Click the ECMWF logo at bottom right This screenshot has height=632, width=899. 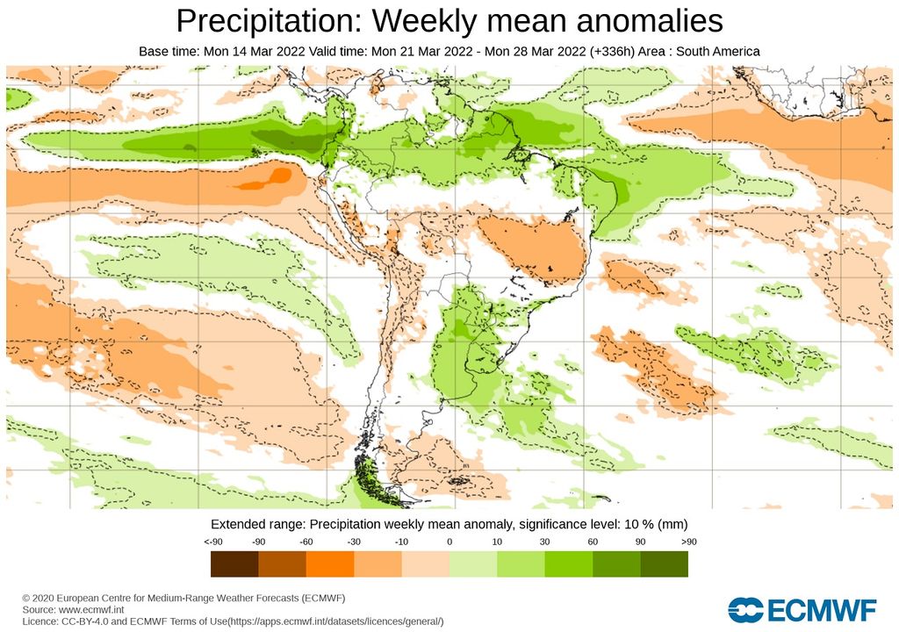[802, 610]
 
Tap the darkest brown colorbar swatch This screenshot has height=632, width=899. [234, 564]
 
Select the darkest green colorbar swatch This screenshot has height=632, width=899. [665, 564]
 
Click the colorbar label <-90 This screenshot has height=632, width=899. [212, 542]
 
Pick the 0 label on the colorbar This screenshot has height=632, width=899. [449, 542]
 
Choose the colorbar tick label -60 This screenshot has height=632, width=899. [307, 542]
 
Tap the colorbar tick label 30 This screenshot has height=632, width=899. [545, 542]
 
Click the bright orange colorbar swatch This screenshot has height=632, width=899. [330, 564]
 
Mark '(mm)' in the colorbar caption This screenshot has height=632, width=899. [672, 523]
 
